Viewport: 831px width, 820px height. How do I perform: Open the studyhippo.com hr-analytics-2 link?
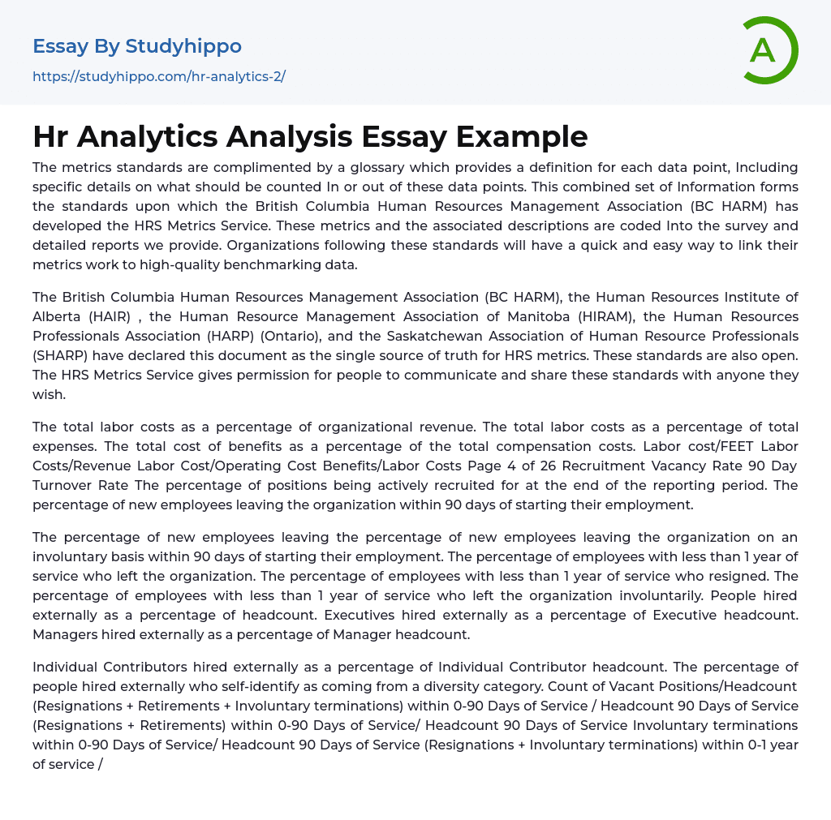coord(159,77)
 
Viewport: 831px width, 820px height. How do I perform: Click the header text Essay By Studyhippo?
coord(137,46)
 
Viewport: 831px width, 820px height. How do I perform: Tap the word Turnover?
coord(68,485)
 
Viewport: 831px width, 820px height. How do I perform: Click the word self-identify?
coord(235,686)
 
